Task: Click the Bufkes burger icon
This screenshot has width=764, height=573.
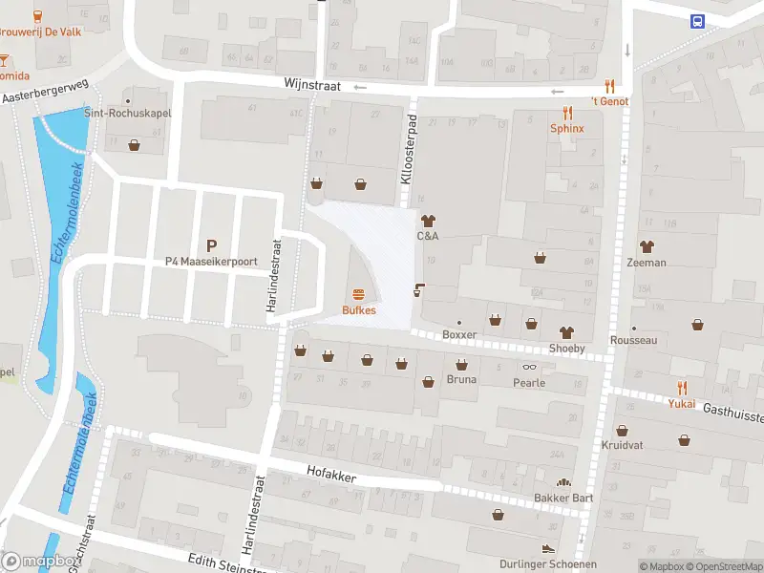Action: (359, 293)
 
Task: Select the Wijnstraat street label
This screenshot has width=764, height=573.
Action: (311, 85)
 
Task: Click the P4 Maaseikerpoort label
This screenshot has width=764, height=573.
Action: (211, 261)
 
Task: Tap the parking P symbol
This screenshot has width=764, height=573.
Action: (211, 244)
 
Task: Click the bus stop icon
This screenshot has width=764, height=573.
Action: (698, 21)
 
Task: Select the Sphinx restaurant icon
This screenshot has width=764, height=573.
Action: (566, 112)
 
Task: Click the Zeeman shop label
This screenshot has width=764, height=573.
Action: (647, 262)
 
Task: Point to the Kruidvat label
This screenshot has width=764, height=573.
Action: (622, 446)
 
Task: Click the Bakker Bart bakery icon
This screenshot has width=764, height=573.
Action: (563, 483)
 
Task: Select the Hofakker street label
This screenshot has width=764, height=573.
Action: (330, 471)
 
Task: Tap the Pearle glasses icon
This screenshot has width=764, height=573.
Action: (529, 367)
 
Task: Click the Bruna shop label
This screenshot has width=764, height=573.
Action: (461, 379)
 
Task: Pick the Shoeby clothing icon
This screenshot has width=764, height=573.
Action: (566, 332)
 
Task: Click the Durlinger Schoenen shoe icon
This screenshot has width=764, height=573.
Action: (547, 549)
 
